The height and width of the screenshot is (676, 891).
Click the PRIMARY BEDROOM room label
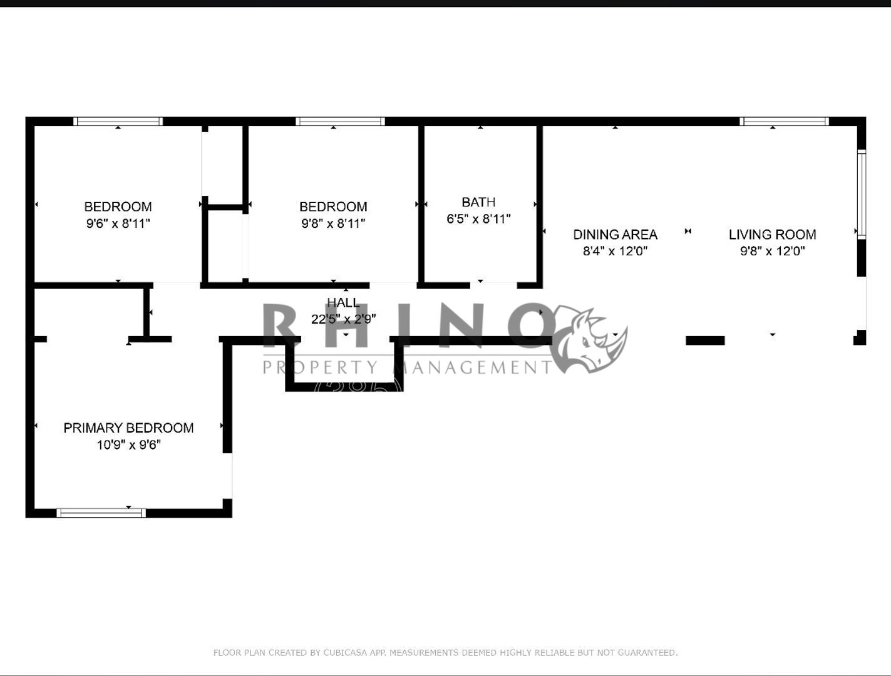pyautogui.click(x=128, y=428)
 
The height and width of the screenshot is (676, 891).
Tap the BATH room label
pyautogui.click(x=478, y=202)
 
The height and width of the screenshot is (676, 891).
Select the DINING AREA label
pyautogui.click(x=615, y=235)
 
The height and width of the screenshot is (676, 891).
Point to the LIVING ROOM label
pyautogui.click(x=772, y=235)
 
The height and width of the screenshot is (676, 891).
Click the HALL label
pyautogui.click(x=343, y=303)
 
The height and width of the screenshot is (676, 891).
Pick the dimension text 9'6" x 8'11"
pyautogui.click(x=118, y=223)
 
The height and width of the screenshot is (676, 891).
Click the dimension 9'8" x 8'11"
pyautogui.click(x=333, y=223)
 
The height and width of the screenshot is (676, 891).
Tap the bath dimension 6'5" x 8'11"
pyautogui.click(x=478, y=219)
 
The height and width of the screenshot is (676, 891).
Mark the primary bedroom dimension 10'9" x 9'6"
pyautogui.click(x=128, y=445)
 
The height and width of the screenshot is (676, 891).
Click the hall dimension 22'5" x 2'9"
pyautogui.click(x=343, y=319)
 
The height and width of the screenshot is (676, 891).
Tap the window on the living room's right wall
pyautogui.click(x=862, y=194)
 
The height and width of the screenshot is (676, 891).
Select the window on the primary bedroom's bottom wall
pyautogui.click(x=101, y=513)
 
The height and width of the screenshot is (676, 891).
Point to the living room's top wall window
pyautogui.click(x=784, y=121)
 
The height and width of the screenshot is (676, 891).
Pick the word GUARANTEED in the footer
pyautogui.click(x=647, y=653)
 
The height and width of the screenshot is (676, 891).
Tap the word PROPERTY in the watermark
pyautogui.click(x=321, y=367)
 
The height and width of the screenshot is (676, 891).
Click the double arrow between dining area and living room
pyautogui.click(x=688, y=232)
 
